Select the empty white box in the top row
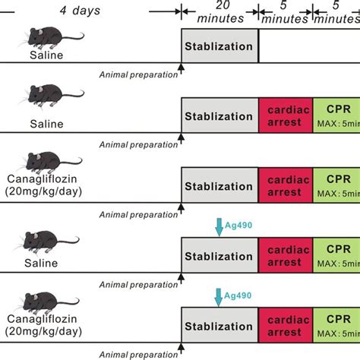click(309, 46)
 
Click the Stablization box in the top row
click(219, 46)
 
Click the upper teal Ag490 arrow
click(219, 225)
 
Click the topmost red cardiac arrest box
click(285, 115)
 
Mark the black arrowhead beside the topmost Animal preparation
click(181, 69)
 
